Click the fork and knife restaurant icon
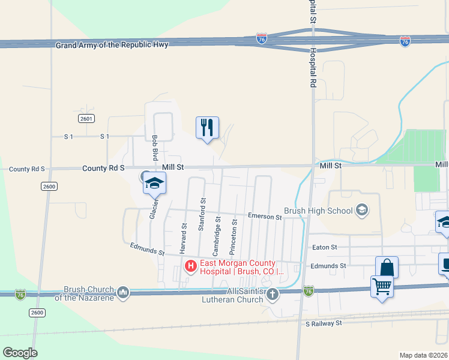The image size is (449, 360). tap(207, 128)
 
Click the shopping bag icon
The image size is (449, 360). tap(387, 267)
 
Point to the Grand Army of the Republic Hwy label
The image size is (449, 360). tap(112, 46)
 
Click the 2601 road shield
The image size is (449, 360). tap(86, 119)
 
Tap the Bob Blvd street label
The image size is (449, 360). tap(155, 146)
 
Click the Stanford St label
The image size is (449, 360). tap(202, 214)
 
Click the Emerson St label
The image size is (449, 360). tap(265, 216)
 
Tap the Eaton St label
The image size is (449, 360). tap(325, 247)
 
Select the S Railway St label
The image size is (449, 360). tap(323, 323)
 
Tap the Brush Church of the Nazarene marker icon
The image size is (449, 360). tap(123, 293)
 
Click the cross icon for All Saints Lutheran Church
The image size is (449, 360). tap(273, 294)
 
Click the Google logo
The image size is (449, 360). tap(20, 353)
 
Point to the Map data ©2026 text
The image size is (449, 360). tap(423, 355)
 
